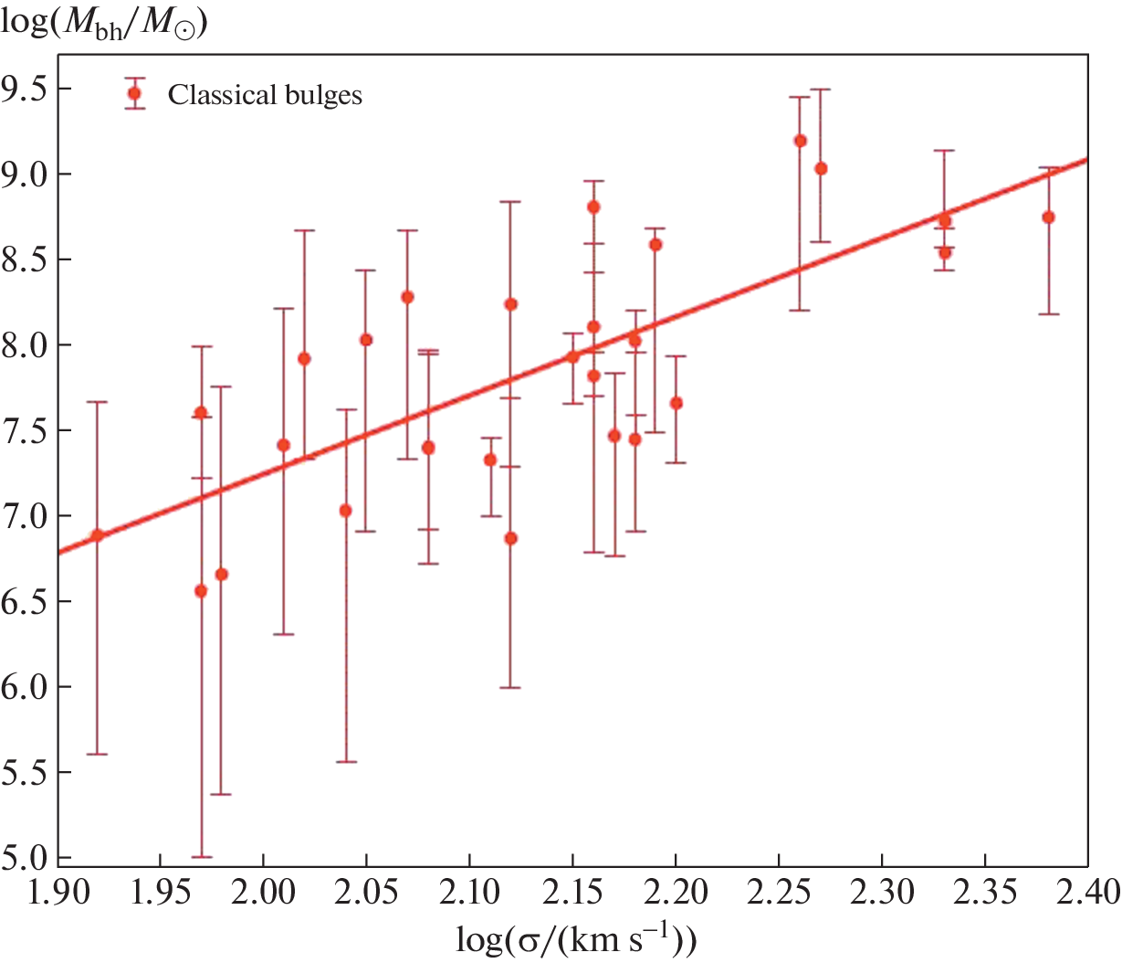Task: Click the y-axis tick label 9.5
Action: [x=28, y=89]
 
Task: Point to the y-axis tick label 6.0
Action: [x=28, y=687]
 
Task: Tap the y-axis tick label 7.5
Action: [x=28, y=430]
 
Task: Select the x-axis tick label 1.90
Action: [x=57, y=891]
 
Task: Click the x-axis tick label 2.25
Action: [x=779, y=891]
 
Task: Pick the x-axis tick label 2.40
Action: [x=1087, y=891]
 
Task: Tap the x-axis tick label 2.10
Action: [x=469, y=891]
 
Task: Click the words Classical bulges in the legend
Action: [x=265, y=95]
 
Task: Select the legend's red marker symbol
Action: [x=135, y=93]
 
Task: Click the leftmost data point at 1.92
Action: [x=98, y=535]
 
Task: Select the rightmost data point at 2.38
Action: [x=1048, y=217]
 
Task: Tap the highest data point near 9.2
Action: [x=800, y=141]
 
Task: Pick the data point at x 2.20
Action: [x=676, y=403]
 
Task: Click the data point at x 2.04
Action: [x=345, y=511]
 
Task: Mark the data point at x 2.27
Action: [x=821, y=168]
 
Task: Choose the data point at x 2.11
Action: [x=490, y=460]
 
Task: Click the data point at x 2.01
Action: [x=283, y=445]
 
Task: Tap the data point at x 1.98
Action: [x=221, y=574]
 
